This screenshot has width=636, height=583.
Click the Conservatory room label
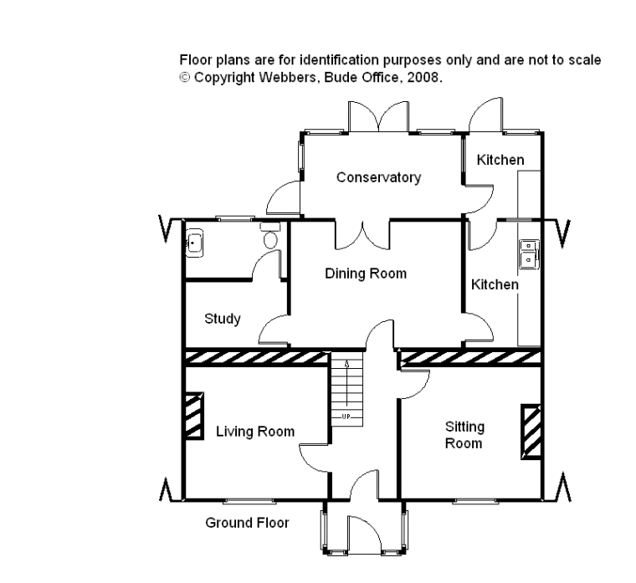378,177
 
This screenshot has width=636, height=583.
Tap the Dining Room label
366,274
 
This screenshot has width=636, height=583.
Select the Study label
223,319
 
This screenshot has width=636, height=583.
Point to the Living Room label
255,432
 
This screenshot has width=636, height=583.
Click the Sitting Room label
464,435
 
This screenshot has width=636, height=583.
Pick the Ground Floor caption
247,523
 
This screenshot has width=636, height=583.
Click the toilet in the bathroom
270,235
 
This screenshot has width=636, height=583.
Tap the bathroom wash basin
194,243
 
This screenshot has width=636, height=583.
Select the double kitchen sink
530,254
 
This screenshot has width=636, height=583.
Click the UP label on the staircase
346,417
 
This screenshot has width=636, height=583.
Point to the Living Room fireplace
194,416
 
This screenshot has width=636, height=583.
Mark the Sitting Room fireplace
531,432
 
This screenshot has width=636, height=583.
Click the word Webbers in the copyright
286,77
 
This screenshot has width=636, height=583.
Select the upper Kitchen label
500,160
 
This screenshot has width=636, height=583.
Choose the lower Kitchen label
495,284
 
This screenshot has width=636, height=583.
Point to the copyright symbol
185,77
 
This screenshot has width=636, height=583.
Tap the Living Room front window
249,502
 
